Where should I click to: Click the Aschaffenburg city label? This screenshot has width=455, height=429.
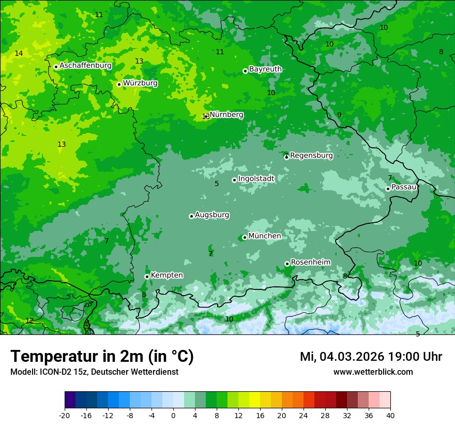[x=85, y=66]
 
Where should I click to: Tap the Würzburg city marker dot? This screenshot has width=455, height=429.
[x=119, y=84]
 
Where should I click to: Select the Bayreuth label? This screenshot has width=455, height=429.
[x=265, y=69]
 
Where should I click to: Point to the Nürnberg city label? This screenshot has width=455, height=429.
[x=226, y=115]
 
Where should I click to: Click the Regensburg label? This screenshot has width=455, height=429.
[x=311, y=155]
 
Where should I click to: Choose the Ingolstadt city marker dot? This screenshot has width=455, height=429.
[x=234, y=180]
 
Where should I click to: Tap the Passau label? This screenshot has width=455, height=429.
[x=404, y=187]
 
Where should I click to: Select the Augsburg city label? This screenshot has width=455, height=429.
[x=212, y=214]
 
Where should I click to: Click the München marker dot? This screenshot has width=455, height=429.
[x=245, y=237]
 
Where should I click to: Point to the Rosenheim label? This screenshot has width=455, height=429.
[x=310, y=262]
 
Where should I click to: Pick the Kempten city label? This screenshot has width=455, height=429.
[x=166, y=275]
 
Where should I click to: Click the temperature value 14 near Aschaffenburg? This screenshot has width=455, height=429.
[x=19, y=53]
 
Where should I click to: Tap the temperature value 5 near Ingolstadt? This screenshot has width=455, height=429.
[x=217, y=183]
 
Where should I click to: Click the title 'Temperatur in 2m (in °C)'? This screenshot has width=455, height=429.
[x=102, y=357]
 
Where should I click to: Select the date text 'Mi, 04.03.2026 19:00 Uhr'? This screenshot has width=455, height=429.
[x=371, y=357]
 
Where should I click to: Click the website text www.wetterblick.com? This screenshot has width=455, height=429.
[x=373, y=372]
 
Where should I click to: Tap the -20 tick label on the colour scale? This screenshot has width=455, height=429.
[x=65, y=415]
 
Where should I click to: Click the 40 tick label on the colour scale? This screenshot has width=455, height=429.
[x=390, y=415]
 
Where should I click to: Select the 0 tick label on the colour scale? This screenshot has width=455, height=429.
[x=173, y=415]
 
